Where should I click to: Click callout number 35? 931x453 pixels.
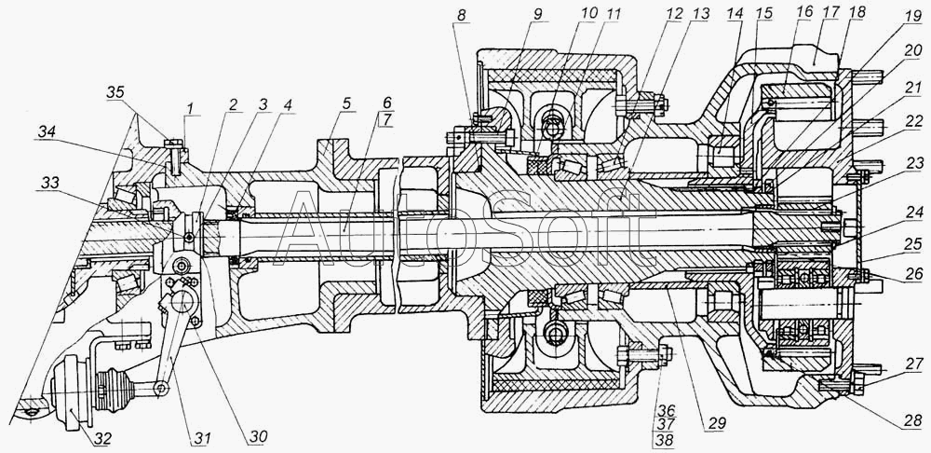tap(115, 92)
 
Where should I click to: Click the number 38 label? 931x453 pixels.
tap(665, 440)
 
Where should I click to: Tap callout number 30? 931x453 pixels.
tap(256, 437)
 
